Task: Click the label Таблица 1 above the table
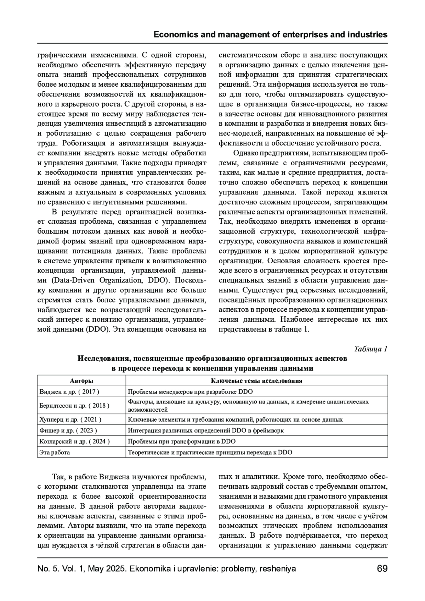coord(371,349)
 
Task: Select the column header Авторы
coord(81,381)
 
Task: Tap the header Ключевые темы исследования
coord(256,381)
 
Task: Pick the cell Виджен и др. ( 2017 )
coord(69,392)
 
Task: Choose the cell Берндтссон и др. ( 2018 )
coord(74,406)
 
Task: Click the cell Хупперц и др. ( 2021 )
coord(70,419)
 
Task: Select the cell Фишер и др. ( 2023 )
coord(68,430)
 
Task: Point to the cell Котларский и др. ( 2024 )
coord(74,441)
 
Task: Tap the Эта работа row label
coord(55,452)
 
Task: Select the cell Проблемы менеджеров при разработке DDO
coord(190,392)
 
